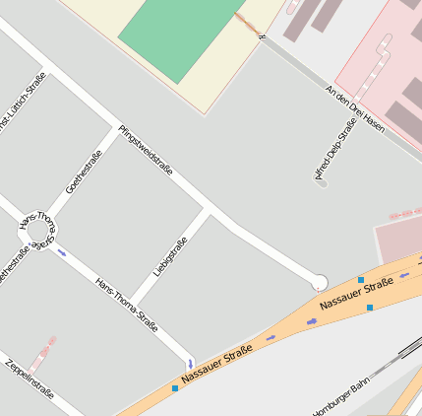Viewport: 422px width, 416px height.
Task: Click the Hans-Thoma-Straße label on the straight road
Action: pyautogui.click(x=126, y=304)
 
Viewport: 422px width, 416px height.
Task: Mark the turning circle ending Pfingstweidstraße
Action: pyautogui.click(x=319, y=282)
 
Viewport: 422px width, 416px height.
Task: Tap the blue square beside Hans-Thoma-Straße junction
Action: pyautogui.click(x=175, y=388)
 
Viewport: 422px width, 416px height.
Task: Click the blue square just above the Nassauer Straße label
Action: pyautogui.click(x=361, y=280)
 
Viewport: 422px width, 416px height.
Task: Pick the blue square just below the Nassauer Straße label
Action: pyautogui.click(x=370, y=308)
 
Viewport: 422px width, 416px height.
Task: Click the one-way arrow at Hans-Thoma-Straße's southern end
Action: pyautogui.click(x=190, y=364)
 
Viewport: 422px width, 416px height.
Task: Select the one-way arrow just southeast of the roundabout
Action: pyautogui.click(x=63, y=253)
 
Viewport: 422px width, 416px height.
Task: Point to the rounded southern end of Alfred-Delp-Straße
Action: pyautogui.click(x=321, y=182)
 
